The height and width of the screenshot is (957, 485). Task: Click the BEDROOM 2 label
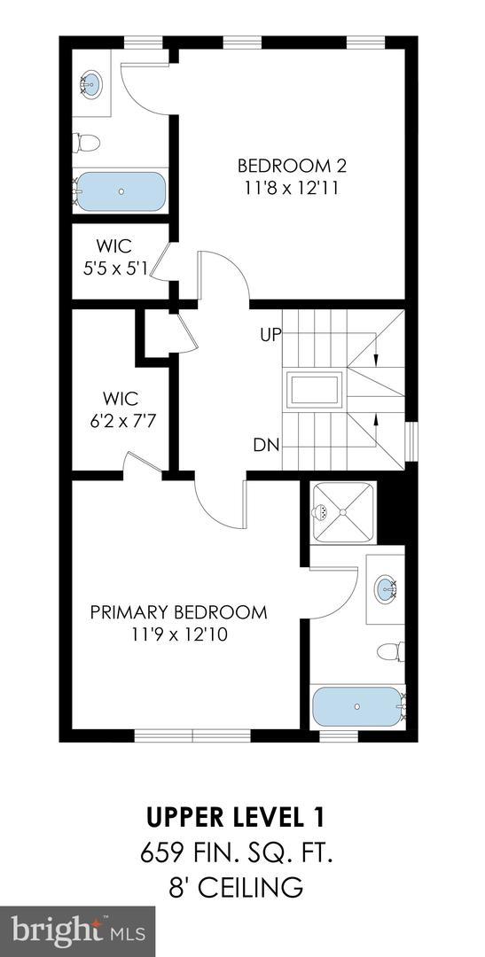pyautogui.click(x=291, y=166)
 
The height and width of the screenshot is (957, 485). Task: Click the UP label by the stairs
pyautogui.click(x=270, y=336)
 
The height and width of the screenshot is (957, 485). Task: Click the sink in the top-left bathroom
pyautogui.click(x=90, y=85)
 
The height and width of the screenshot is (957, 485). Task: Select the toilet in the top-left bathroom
pyautogui.click(x=87, y=142)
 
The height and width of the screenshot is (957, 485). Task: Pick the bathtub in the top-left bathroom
pyautogui.click(x=120, y=191)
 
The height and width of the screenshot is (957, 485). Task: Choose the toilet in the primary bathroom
pyautogui.click(x=390, y=651)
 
